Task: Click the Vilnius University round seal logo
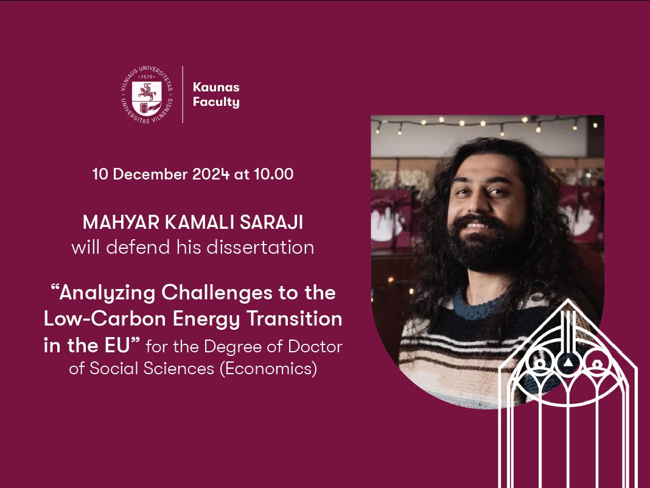click(147, 94)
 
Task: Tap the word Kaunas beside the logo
click(216, 87)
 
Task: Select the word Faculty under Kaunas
click(216, 102)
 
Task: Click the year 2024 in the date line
click(211, 174)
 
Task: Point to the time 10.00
click(274, 174)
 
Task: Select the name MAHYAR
click(121, 223)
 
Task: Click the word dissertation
click(260, 248)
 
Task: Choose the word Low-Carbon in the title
click(105, 319)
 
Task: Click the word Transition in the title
click(295, 319)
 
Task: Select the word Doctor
click(315, 347)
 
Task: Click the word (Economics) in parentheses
click(268, 368)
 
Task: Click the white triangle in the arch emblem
click(568, 363)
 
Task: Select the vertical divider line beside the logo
click(183, 94)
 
